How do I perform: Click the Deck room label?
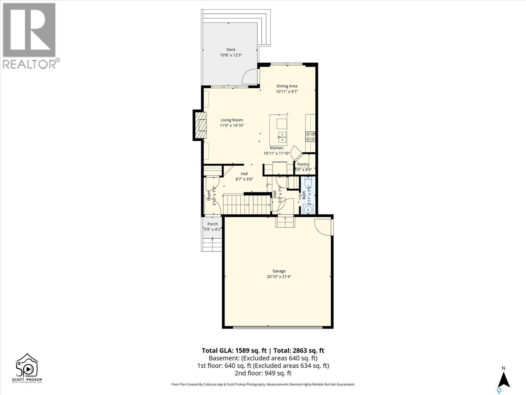coord(231,50)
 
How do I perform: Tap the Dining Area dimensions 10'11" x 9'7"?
coord(287,92)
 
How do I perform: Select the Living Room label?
coord(232,120)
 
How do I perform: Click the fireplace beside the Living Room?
coord(200,125)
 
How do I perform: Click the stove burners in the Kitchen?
coord(310,137)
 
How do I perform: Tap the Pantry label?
coord(303,164)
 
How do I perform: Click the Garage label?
coord(279,271)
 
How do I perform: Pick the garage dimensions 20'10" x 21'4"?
coord(279,277)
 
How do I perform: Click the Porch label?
coord(212,224)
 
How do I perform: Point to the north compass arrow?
coord(503,380)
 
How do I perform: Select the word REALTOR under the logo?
coord(30,64)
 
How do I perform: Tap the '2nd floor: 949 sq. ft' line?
coord(263,373)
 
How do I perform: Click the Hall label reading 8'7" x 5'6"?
coord(244,176)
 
